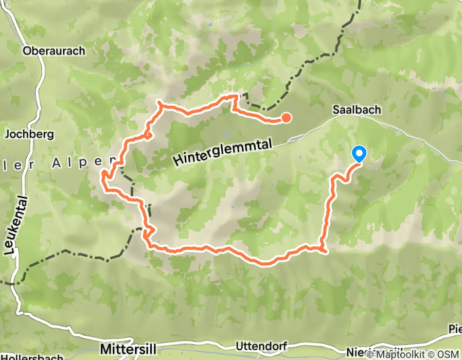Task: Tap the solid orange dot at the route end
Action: pos(287,118)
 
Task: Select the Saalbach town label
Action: pos(357,110)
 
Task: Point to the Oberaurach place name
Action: pos(54,51)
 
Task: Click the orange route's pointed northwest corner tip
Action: pos(159,103)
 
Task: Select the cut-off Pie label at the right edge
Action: pos(454,328)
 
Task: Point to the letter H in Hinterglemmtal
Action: pos(178,160)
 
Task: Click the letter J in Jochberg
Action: pos(7,134)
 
